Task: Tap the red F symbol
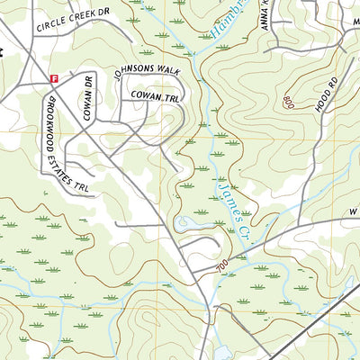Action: [53, 77]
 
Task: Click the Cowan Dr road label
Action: [88, 97]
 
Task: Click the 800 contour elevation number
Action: [288, 102]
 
